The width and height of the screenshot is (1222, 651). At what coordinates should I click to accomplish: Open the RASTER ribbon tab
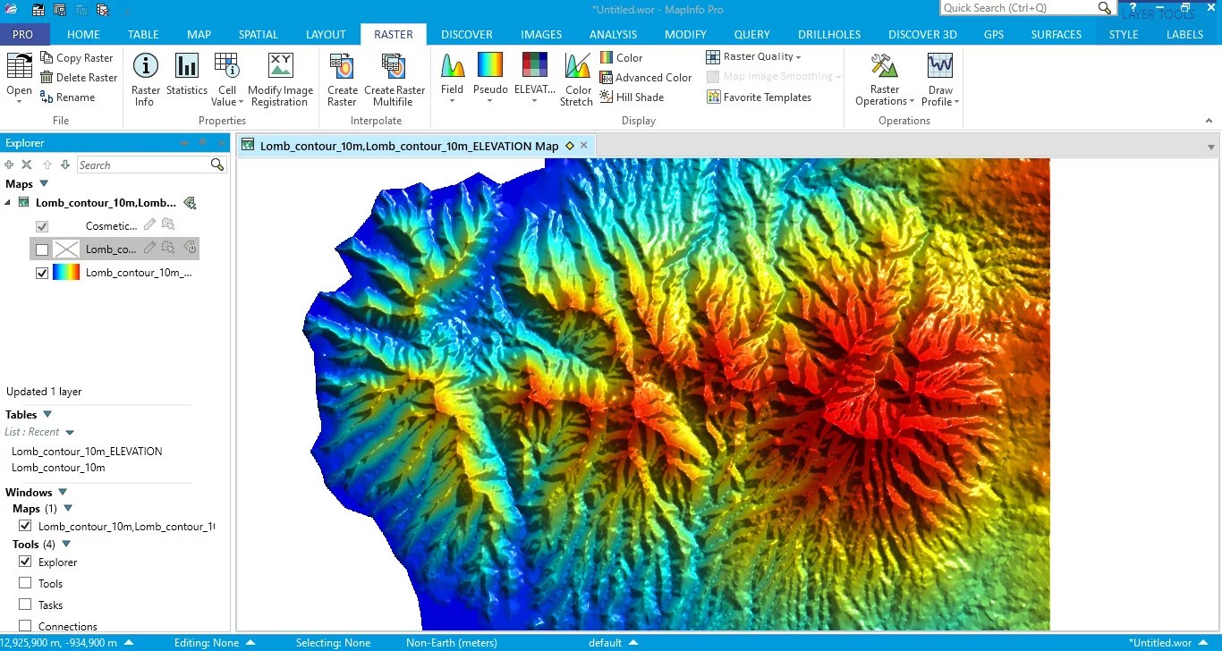pyautogui.click(x=394, y=34)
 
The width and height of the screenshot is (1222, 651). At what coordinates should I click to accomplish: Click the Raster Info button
pyautogui.click(x=145, y=78)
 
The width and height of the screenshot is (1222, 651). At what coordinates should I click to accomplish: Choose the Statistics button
pyautogui.click(x=186, y=78)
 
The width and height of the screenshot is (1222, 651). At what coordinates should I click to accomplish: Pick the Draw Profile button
pyautogui.click(x=940, y=78)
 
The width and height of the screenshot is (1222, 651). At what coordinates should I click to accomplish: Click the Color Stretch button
pyautogui.click(x=577, y=78)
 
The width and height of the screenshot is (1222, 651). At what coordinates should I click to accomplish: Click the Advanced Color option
pyautogui.click(x=645, y=77)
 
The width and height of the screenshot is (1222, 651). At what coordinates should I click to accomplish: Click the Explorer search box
pyautogui.click(x=143, y=165)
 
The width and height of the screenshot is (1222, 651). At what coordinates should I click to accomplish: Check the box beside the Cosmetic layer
pyautogui.click(x=42, y=226)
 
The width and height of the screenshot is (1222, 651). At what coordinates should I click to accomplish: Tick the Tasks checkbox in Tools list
pyautogui.click(x=25, y=604)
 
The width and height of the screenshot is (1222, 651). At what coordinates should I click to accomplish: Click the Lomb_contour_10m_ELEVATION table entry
pyautogui.click(x=87, y=452)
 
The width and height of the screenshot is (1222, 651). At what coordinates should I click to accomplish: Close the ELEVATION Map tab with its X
pyautogui.click(x=584, y=145)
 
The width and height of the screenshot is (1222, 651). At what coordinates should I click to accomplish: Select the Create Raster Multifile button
pyautogui.click(x=394, y=78)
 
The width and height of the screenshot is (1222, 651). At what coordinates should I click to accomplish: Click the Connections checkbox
pyautogui.click(x=25, y=626)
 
